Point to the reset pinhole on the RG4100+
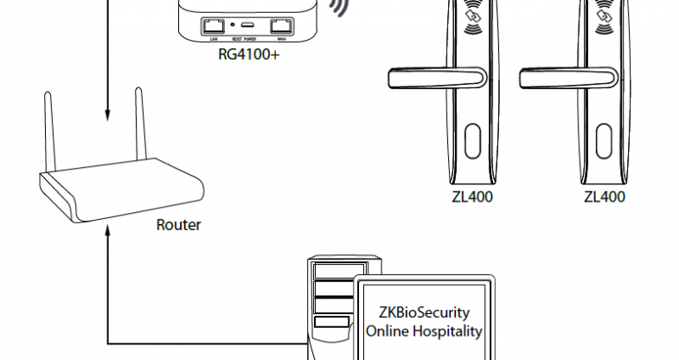pyautogui.click(x=233, y=27)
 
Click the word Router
pyautogui.click(x=178, y=225)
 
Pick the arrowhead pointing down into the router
pyautogui.click(x=106, y=113)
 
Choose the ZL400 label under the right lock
pyautogui.click(x=604, y=196)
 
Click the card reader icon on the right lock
pyautogui.click(x=604, y=16)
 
